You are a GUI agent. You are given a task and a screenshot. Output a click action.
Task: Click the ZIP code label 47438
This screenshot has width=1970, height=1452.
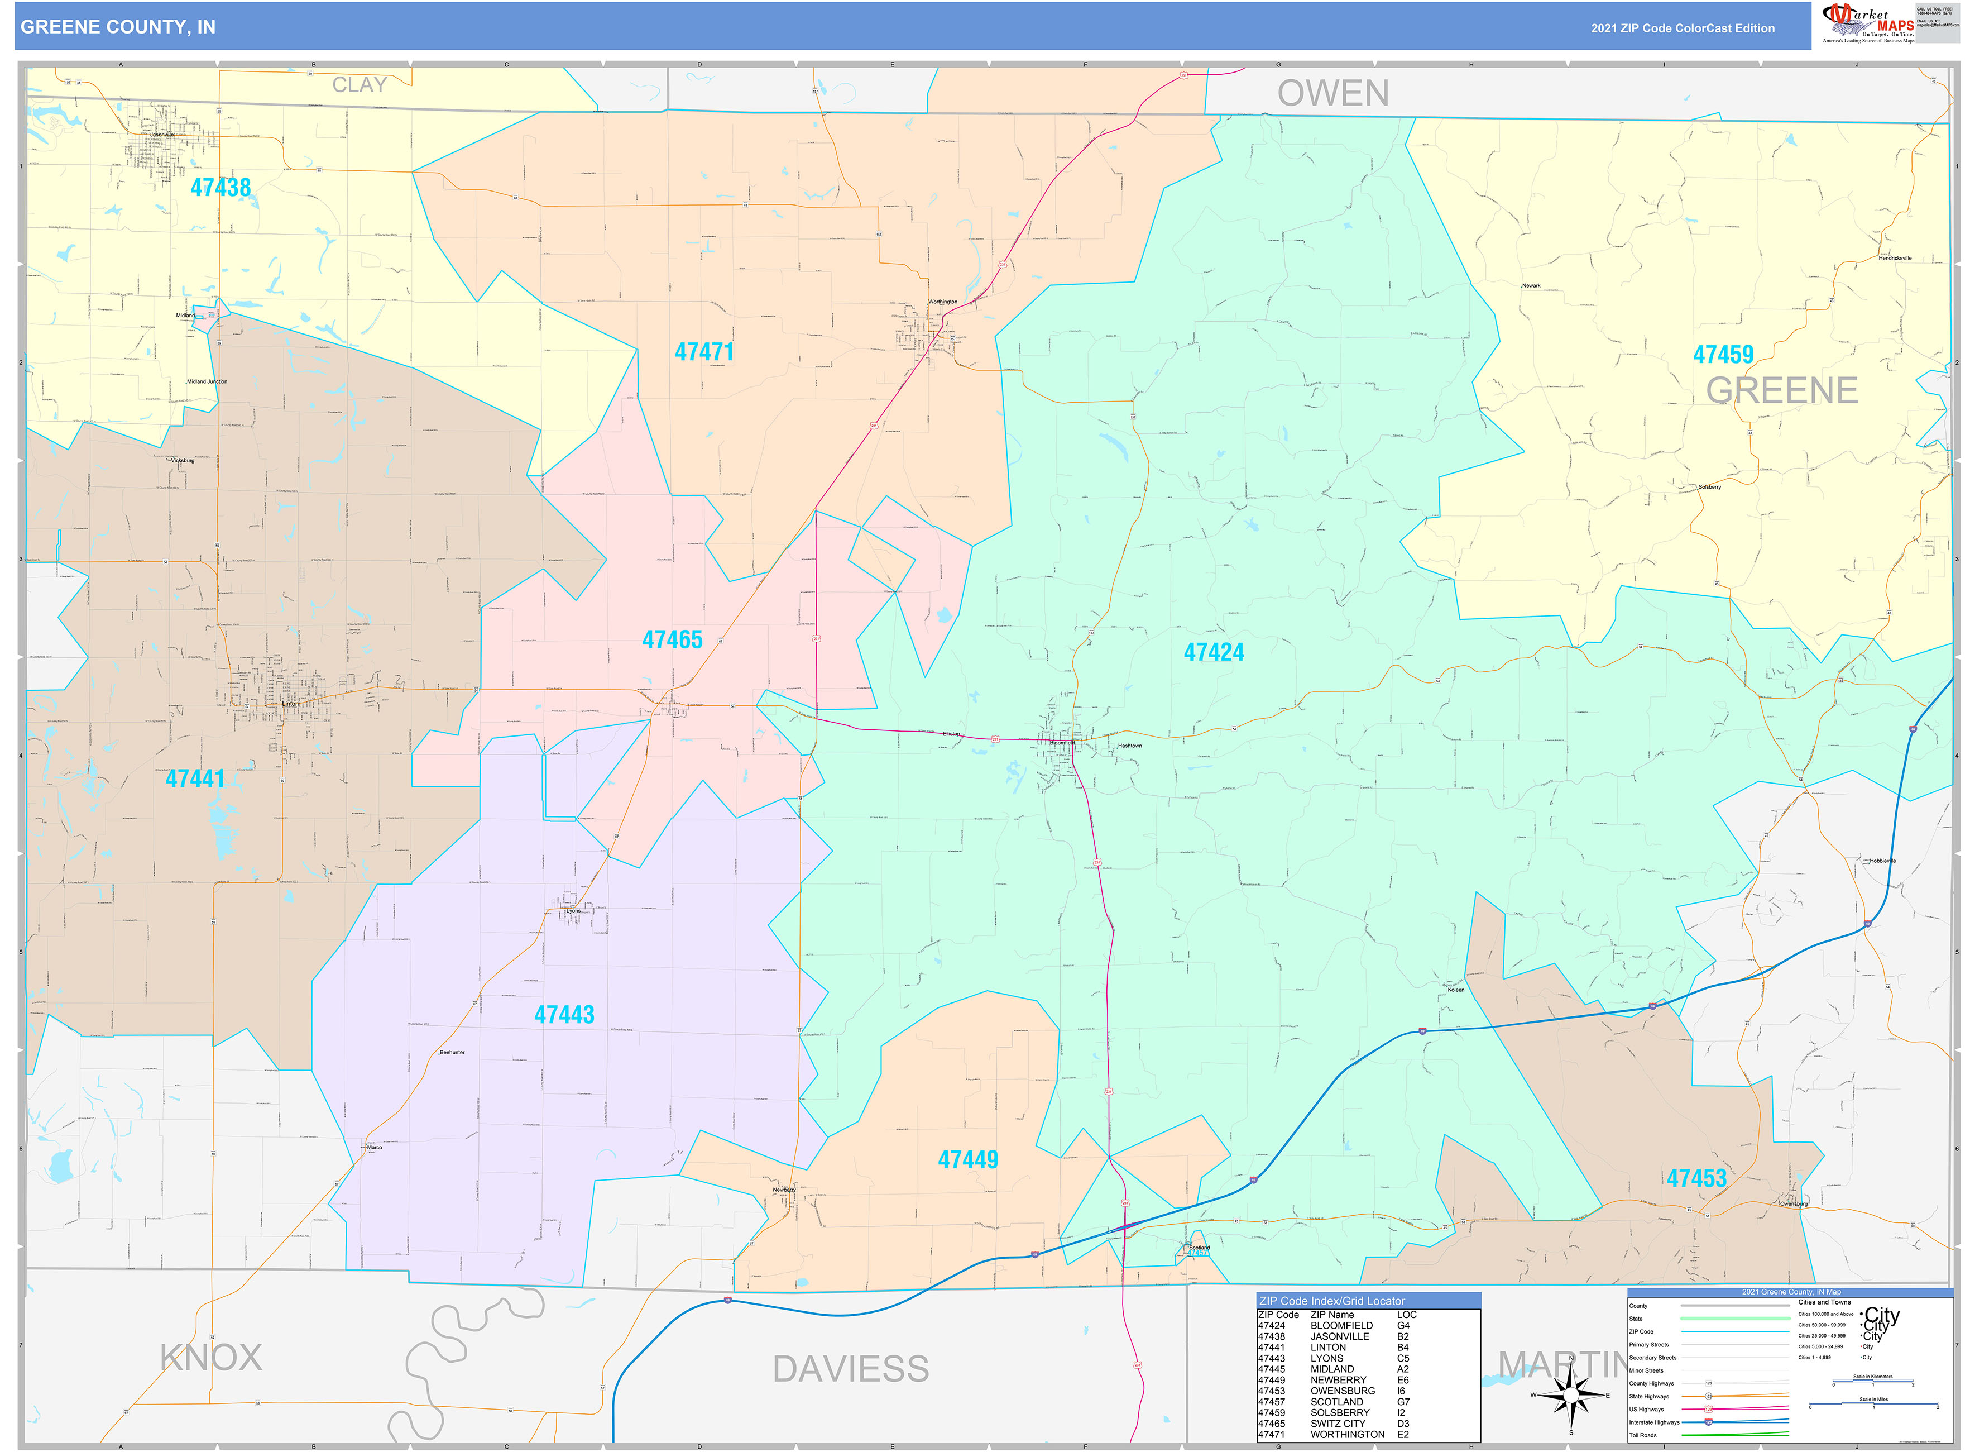coord(221,187)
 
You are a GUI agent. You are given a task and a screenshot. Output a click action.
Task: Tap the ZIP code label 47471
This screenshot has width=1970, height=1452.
coord(704,352)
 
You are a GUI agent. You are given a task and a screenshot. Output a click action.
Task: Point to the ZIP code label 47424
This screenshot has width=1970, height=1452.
coord(1214,652)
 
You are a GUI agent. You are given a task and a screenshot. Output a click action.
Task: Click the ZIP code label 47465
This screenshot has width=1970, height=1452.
coord(672,640)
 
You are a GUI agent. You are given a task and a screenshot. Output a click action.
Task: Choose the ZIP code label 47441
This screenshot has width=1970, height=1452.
coord(195,778)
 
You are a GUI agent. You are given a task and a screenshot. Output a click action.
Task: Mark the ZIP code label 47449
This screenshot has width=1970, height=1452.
coord(967,1160)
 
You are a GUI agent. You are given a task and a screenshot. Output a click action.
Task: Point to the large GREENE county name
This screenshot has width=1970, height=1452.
coord(1781,390)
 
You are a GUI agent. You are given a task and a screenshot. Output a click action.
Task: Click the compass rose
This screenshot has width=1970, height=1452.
coord(1570,1395)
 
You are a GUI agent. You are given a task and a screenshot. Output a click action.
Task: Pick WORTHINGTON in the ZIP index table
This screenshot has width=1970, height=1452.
coord(1347,1435)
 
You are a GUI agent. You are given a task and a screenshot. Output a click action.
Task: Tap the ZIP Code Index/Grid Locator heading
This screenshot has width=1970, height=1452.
coord(1331,1301)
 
